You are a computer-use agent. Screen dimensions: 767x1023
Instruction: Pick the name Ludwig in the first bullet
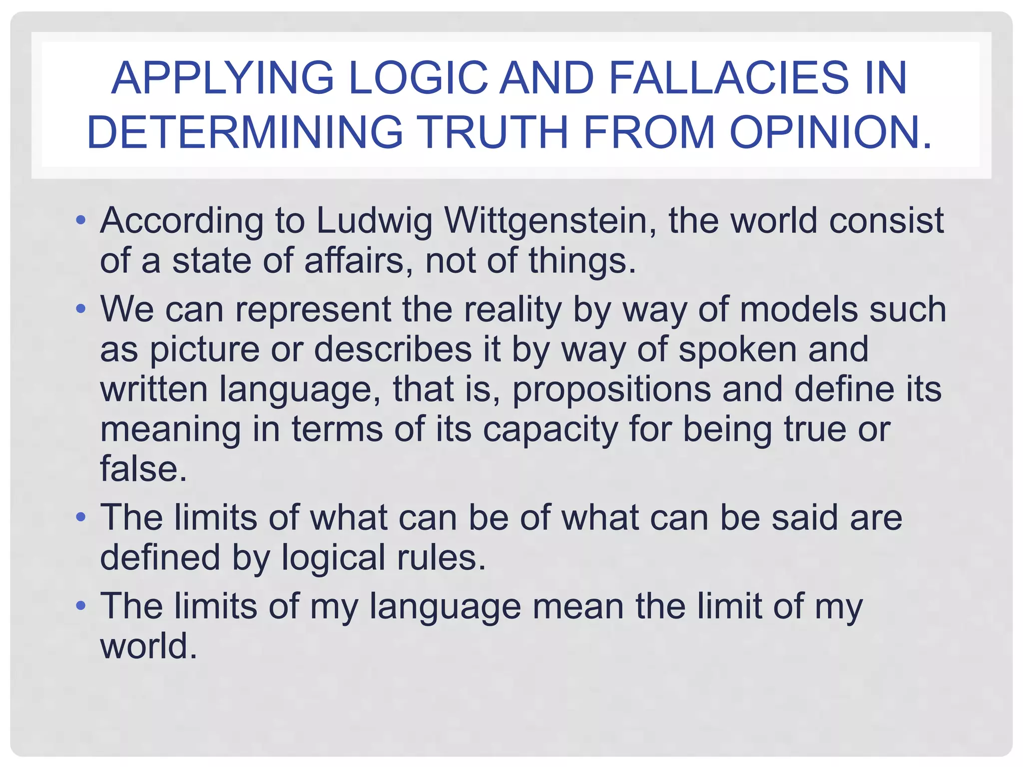coord(374,221)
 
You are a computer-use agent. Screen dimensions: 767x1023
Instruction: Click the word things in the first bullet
coord(581,261)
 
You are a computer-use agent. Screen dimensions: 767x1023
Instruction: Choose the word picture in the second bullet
coord(205,349)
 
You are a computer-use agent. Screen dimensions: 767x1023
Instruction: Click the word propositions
coord(611,389)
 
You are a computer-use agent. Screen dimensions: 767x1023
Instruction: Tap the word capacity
coord(550,429)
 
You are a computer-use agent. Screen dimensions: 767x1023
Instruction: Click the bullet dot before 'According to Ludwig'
coord(81,220)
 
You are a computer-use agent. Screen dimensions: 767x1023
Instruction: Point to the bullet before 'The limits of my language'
coord(81,606)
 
